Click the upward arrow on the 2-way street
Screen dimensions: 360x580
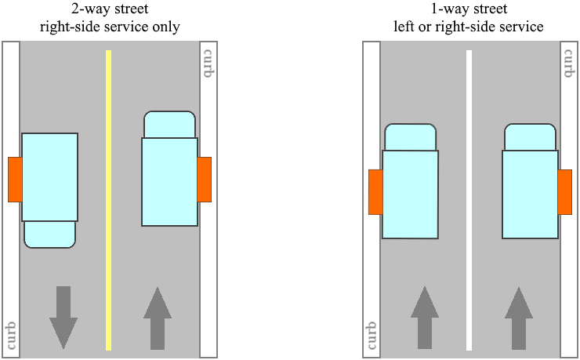click(158, 318)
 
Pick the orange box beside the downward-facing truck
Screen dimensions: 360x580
click(15, 180)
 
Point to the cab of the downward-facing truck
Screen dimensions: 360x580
click(50, 234)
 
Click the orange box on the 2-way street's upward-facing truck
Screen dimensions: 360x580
click(205, 180)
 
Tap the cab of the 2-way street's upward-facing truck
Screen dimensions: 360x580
click(169, 125)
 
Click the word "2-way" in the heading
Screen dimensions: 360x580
click(66, 10)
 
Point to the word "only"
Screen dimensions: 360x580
click(166, 27)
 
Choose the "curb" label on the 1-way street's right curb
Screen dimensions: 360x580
click(570, 62)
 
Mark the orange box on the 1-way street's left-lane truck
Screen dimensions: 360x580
click(375, 191)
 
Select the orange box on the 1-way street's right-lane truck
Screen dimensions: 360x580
click(564, 191)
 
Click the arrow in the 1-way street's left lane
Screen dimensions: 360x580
click(425, 318)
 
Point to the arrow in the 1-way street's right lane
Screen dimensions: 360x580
click(518, 318)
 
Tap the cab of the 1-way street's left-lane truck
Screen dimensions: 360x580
click(410, 137)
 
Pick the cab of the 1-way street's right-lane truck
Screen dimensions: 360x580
click(530, 137)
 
